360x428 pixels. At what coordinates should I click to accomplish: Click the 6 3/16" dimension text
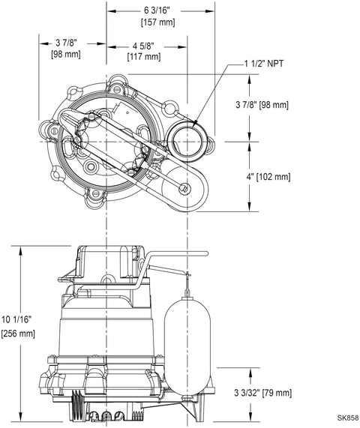[x=157, y=10]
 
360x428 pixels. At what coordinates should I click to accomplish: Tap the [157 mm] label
[x=158, y=22]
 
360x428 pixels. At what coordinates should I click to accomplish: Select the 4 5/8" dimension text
[x=143, y=46]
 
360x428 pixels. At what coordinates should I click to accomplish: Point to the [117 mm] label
[x=144, y=57]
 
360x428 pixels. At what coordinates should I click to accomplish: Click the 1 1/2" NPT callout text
[x=264, y=64]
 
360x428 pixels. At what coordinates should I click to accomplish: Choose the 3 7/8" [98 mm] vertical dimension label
[x=262, y=105]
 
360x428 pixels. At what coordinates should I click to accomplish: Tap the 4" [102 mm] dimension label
[x=268, y=177]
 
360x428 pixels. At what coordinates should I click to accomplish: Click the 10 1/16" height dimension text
[x=17, y=319]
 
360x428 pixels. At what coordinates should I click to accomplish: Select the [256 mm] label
[x=18, y=334]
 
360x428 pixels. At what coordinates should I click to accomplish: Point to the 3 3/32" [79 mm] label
[x=262, y=393]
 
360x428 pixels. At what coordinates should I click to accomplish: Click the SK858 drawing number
[x=348, y=418]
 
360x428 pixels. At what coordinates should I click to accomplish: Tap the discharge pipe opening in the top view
[x=187, y=142]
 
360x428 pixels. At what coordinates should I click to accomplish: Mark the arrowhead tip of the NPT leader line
[x=193, y=127]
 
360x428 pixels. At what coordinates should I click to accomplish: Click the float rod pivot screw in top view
[x=184, y=189]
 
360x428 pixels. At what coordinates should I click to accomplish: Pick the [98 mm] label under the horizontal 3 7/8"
[x=66, y=54]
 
